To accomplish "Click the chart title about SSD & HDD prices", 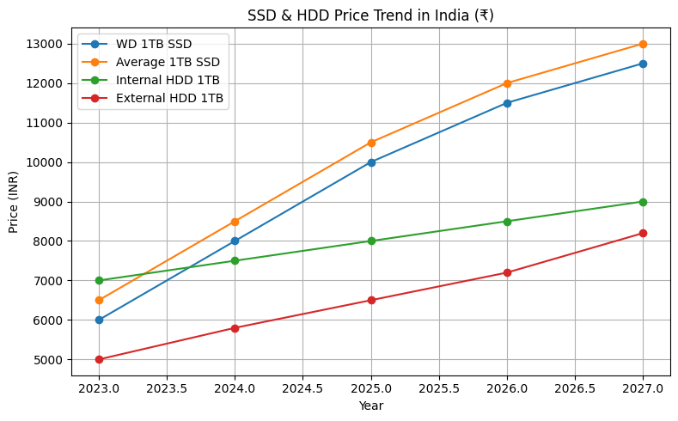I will [370, 15].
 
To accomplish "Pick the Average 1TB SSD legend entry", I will [171, 63].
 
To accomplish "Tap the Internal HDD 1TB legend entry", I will [168, 81].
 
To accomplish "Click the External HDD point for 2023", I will [99, 359].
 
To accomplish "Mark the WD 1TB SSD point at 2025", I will [371, 162].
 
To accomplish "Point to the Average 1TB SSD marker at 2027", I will [643, 44].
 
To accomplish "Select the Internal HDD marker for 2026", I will [507, 222].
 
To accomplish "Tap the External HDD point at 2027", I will [643, 233].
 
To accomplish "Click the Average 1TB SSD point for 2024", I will [235, 222].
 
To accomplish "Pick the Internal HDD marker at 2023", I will [99, 280].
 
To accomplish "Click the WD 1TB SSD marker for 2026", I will [507, 103].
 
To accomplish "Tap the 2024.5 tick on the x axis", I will [302, 388].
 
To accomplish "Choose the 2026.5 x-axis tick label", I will [575, 388].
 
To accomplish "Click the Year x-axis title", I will [370, 406].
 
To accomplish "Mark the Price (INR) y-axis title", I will [14, 202].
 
